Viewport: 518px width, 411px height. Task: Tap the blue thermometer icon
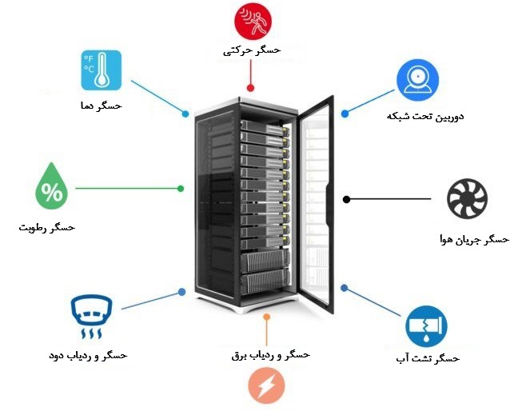[102, 70]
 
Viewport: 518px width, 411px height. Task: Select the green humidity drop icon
[54, 189]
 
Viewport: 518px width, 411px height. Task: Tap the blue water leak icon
[424, 325]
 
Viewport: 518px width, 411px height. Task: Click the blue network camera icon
[417, 79]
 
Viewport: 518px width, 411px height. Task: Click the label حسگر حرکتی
[253, 51]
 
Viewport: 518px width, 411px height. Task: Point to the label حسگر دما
[102, 106]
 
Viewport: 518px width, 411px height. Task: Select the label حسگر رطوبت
[47, 228]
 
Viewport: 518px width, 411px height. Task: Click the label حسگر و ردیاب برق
[265, 353]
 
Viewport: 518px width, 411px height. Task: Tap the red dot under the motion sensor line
[251, 88]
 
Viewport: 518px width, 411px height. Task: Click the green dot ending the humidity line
[181, 189]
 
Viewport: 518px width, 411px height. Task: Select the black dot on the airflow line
[347, 199]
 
